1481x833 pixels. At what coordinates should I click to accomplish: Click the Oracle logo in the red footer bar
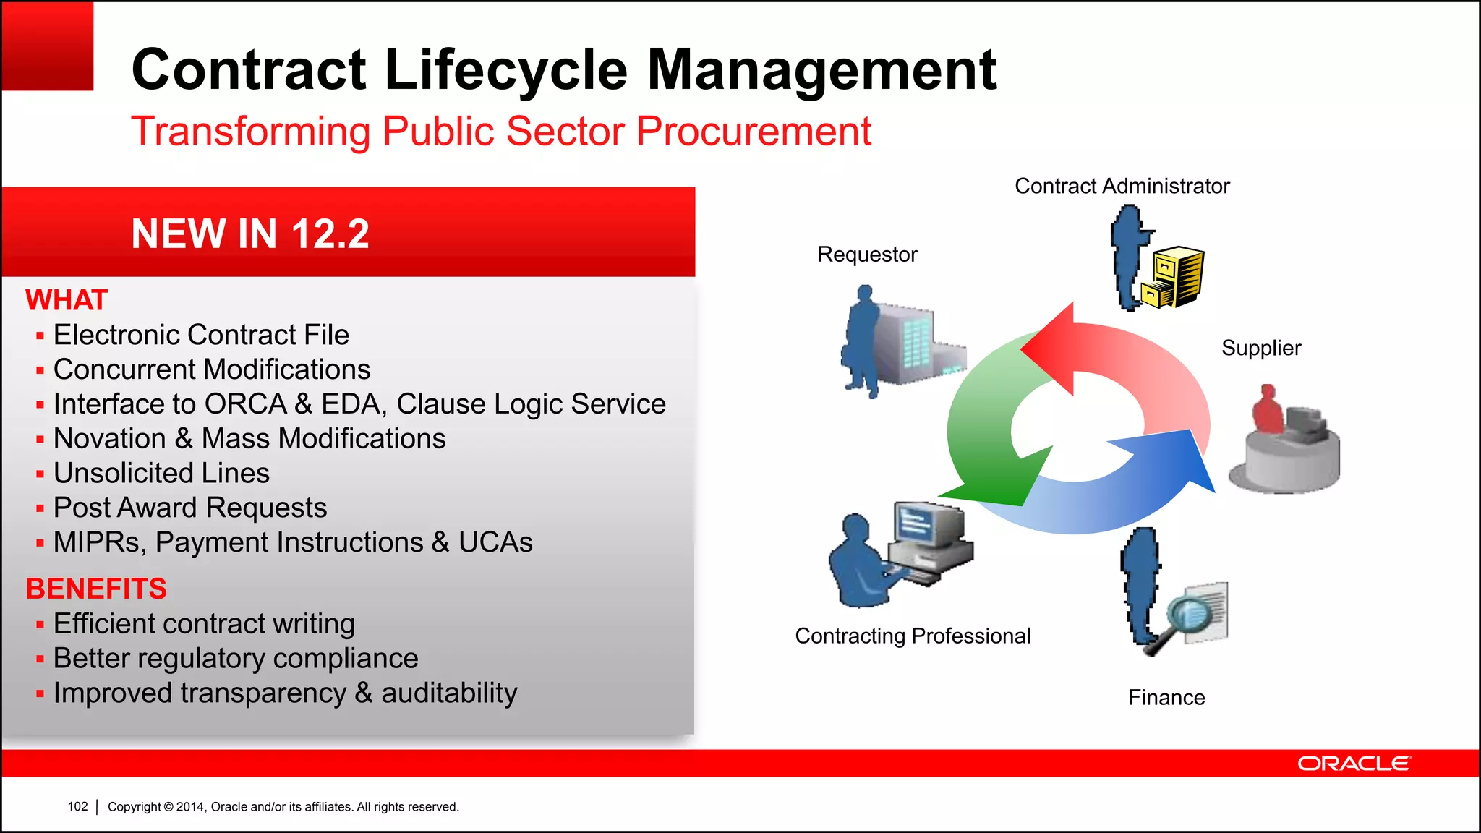point(1353,764)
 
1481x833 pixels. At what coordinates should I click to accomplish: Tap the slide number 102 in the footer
point(77,806)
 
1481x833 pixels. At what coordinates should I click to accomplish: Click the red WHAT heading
point(67,300)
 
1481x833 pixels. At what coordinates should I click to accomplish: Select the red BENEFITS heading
point(96,589)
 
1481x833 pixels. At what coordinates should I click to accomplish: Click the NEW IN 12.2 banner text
point(250,234)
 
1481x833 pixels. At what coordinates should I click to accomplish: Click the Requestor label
point(867,255)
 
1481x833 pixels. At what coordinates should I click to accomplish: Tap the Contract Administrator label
point(1122,187)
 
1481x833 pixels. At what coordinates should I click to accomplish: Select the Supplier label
point(1261,348)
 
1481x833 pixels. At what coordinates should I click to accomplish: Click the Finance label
point(1166,698)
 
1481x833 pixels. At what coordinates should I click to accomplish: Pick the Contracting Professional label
point(913,636)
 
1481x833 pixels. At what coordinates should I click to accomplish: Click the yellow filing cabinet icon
point(1174,277)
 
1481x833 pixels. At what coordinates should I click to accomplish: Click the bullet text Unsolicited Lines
point(161,473)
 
